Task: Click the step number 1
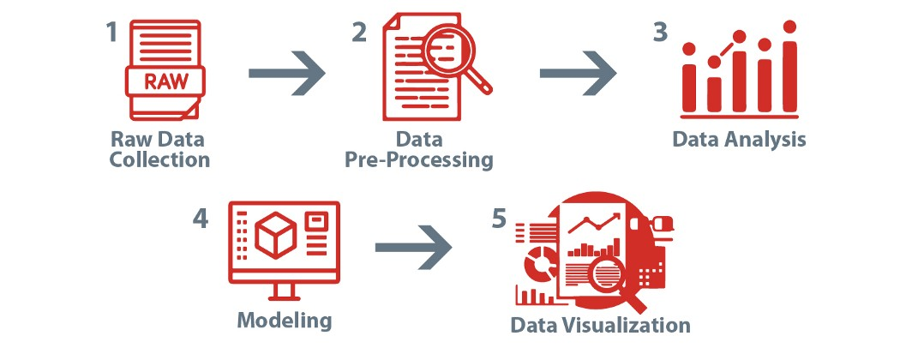tap(111, 33)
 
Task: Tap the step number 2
tap(359, 33)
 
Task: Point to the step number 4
tap(201, 219)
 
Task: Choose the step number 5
tap(499, 219)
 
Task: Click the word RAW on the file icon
tap(164, 83)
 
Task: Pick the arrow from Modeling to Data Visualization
tap(413, 248)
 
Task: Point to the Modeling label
tap(284, 321)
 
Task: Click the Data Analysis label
tap(739, 139)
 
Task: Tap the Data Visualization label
tap(600, 325)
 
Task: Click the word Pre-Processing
tap(433, 159)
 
